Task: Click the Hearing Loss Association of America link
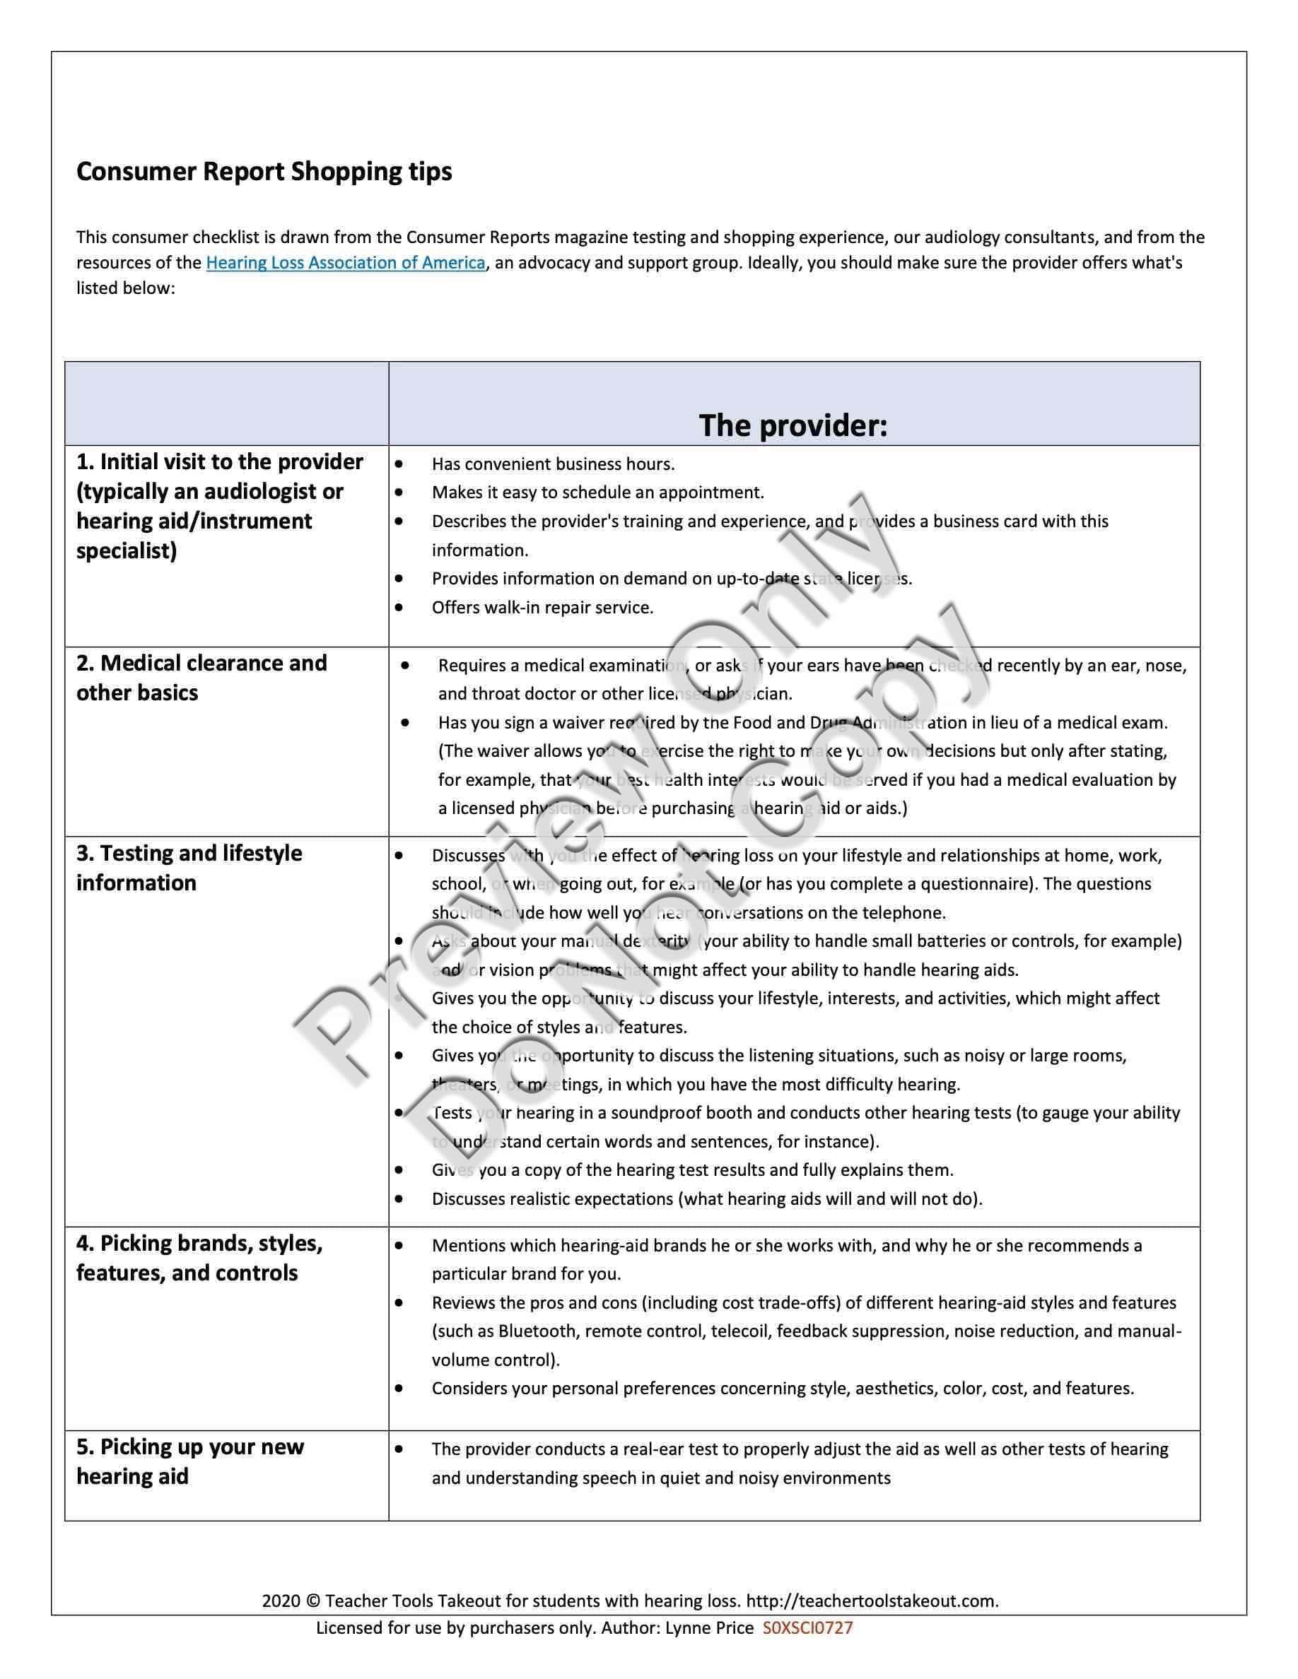click(345, 263)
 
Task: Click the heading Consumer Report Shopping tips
click(264, 172)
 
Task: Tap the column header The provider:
click(793, 426)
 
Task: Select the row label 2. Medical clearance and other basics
click(201, 677)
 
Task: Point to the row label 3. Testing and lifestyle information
click(189, 867)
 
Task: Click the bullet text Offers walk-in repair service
click(542, 607)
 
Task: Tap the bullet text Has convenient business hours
click(553, 464)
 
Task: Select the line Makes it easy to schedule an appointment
click(597, 493)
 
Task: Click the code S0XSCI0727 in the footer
click(807, 1627)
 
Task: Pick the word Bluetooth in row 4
click(537, 1331)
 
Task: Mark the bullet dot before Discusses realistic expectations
click(399, 1198)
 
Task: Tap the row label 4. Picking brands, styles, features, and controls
click(199, 1258)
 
